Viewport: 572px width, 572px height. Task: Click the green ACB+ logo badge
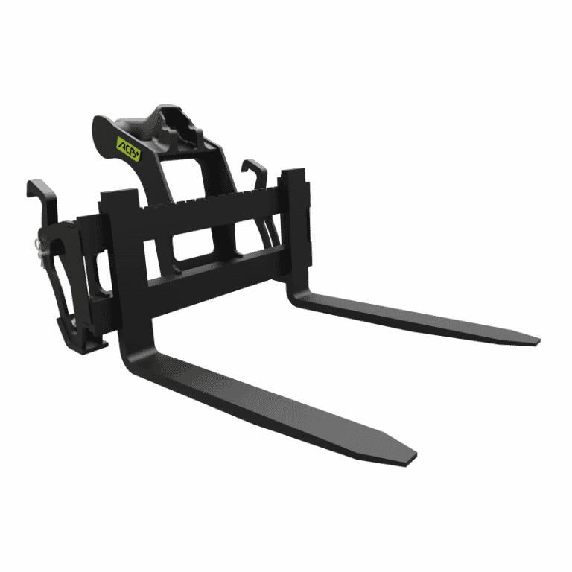pos(129,149)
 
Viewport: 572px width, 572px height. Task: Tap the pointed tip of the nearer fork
pos(413,460)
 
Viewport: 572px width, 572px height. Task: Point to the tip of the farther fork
pos(537,341)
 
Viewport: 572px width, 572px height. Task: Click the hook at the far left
pos(41,194)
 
